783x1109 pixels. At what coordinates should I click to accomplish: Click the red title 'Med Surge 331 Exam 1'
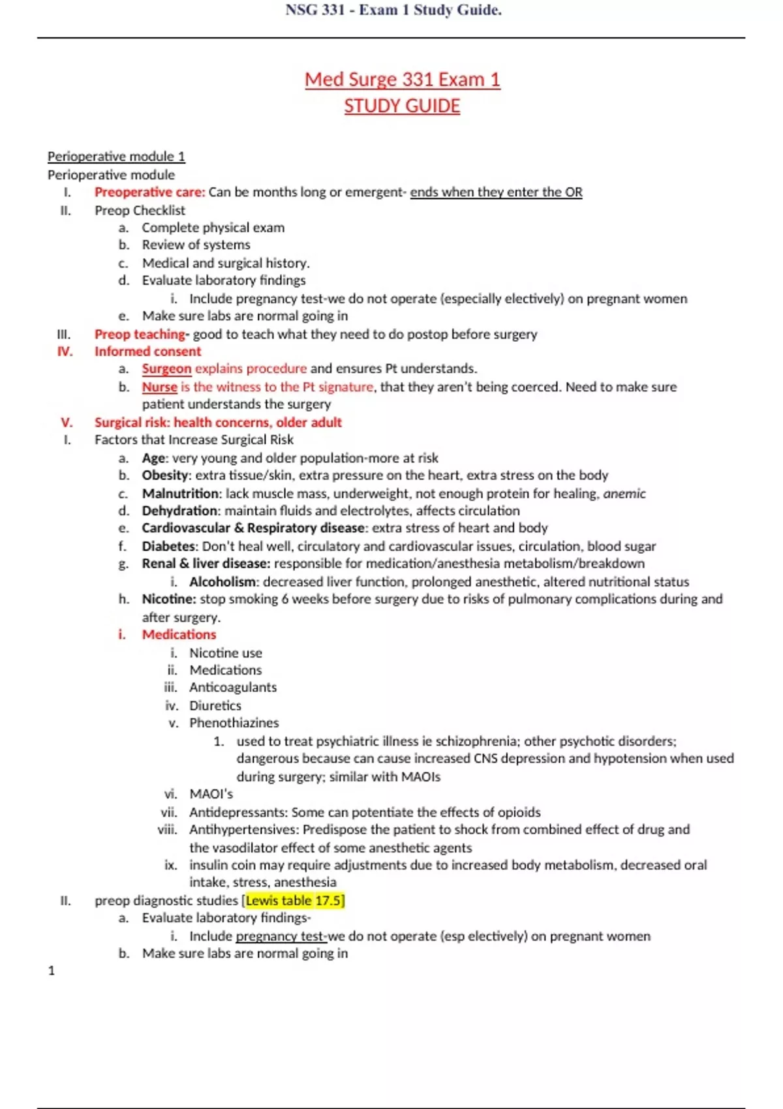[402, 80]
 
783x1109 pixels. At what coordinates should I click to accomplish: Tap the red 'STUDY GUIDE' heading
[402, 106]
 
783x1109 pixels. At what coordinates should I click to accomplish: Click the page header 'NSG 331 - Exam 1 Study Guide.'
[393, 10]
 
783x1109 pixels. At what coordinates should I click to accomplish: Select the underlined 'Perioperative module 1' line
[116, 157]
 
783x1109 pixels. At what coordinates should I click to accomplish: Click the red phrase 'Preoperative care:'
[149, 192]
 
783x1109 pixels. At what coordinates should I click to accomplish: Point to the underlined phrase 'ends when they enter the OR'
[496, 192]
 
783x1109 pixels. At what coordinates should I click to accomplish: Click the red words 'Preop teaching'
[140, 334]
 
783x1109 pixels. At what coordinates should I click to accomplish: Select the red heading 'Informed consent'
[147, 352]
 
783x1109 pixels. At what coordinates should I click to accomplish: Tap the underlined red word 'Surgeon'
[166, 369]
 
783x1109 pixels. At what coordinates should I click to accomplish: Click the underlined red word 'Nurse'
[159, 387]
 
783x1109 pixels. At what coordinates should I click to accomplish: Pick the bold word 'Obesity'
[165, 476]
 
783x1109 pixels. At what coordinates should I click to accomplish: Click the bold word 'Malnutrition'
[180, 494]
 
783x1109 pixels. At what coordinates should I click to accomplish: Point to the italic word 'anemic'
[624, 494]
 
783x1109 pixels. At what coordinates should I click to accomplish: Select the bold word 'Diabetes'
[168, 546]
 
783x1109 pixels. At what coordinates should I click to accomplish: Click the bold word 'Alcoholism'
[223, 582]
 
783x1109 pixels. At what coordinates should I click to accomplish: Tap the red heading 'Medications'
[179, 635]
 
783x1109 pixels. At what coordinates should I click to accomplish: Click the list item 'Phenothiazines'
[234, 723]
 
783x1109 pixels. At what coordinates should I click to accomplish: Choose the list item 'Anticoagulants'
[233, 688]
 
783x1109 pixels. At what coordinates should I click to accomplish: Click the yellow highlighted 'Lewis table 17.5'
[294, 901]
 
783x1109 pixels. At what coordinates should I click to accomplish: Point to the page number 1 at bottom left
[52, 971]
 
